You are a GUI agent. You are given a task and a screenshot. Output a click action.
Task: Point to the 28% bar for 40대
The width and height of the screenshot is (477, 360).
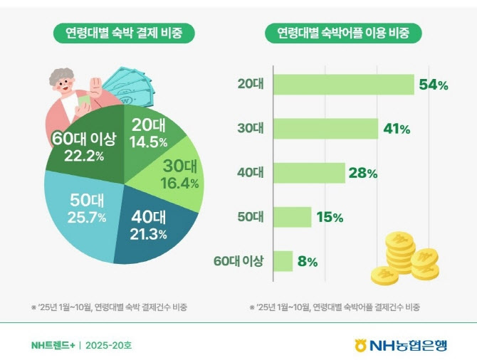(x=309, y=173)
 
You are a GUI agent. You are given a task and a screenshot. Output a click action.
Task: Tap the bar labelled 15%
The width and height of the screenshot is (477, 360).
(x=293, y=217)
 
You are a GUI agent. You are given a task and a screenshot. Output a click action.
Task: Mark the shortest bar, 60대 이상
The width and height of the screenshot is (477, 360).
(x=283, y=261)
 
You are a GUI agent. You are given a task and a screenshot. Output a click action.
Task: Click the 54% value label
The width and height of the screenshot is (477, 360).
(x=434, y=85)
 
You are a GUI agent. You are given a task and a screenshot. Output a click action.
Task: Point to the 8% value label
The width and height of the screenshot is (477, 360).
(x=308, y=261)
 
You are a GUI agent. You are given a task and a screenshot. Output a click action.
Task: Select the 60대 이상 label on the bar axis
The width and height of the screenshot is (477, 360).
(x=238, y=261)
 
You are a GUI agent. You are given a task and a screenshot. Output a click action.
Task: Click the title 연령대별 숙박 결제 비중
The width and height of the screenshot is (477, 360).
(x=124, y=33)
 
